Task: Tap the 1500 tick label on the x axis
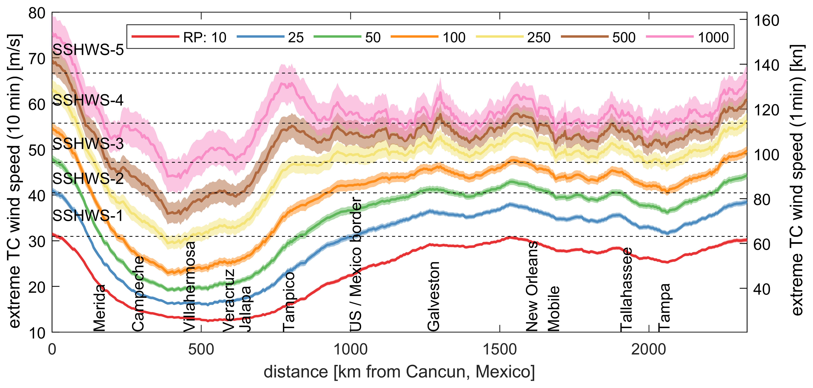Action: [500, 350]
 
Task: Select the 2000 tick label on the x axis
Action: [649, 350]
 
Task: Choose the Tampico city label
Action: [289, 302]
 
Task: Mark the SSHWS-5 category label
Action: [88, 50]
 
